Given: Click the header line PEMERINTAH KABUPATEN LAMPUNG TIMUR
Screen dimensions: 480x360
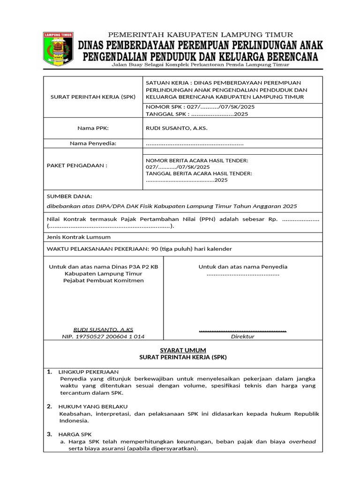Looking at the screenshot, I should coord(201,35).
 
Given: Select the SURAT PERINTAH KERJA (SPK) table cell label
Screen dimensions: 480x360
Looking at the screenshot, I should coord(93,97).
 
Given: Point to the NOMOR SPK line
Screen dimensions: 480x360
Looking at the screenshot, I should coord(200,107).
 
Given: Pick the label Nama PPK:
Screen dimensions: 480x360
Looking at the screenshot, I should coord(93,127).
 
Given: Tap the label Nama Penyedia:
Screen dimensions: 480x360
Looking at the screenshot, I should coord(93,143).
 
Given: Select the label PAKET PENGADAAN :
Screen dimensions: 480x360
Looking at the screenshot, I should coord(77,165).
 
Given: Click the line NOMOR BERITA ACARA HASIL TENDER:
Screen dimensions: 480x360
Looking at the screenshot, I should coord(197,160).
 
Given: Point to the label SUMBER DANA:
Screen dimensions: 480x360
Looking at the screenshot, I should coord(69,195).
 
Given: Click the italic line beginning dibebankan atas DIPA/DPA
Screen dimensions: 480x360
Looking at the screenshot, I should coord(172,206).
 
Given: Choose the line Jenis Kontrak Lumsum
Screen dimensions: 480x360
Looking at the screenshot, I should coord(79,237).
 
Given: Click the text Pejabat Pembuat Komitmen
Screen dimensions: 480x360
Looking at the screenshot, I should coord(104,280).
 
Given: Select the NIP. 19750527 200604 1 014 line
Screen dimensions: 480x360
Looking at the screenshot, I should coord(103,337).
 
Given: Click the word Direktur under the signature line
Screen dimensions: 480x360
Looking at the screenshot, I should coord(242,337).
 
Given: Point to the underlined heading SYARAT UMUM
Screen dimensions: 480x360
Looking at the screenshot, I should coord(183,350).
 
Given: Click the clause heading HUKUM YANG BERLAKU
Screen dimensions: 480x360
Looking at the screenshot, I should coord(93,406).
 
